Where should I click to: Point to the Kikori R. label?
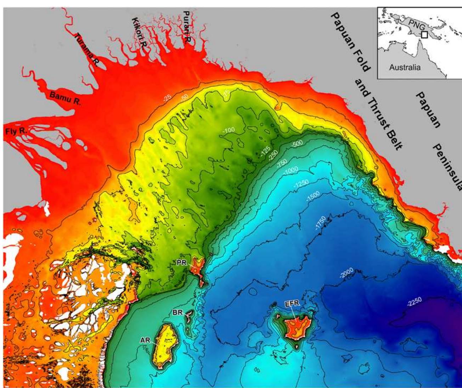[x=139, y=35]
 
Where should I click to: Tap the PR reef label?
[x=182, y=262]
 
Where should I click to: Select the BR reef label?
[x=178, y=312]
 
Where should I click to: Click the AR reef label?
[x=145, y=340]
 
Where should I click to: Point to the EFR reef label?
[x=291, y=304]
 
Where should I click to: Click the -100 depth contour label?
[x=229, y=131]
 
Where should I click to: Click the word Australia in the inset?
[x=405, y=67]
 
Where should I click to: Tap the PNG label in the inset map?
[x=417, y=27]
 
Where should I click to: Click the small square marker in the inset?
[x=424, y=35]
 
